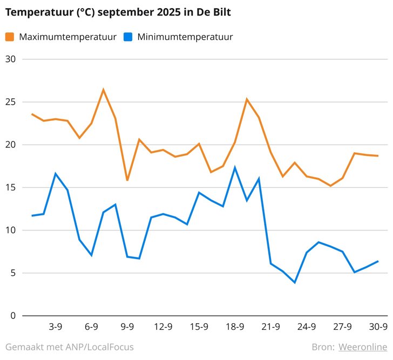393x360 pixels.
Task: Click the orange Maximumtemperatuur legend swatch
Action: (x=10, y=37)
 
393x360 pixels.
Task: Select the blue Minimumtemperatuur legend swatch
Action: (x=128, y=37)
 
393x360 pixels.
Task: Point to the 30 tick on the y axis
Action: (x=10, y=59)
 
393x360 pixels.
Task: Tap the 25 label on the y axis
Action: (x=10, y=102)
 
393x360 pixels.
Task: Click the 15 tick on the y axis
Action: (x=10, y=187)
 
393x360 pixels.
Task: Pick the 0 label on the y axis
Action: (x=13, y=316)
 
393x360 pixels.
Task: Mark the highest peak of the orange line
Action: (x=103, y=90)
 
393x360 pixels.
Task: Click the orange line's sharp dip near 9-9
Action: (x=127, y=180)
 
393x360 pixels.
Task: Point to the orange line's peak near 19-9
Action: (x=247, y=99)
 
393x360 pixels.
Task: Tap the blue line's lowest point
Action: (x=295, y=282)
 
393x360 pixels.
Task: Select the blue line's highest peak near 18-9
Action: (x=235, y=167)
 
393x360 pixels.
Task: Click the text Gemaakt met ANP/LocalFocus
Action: (x=70, y=347)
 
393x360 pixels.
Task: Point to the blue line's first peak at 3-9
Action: (x=56, y=173)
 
